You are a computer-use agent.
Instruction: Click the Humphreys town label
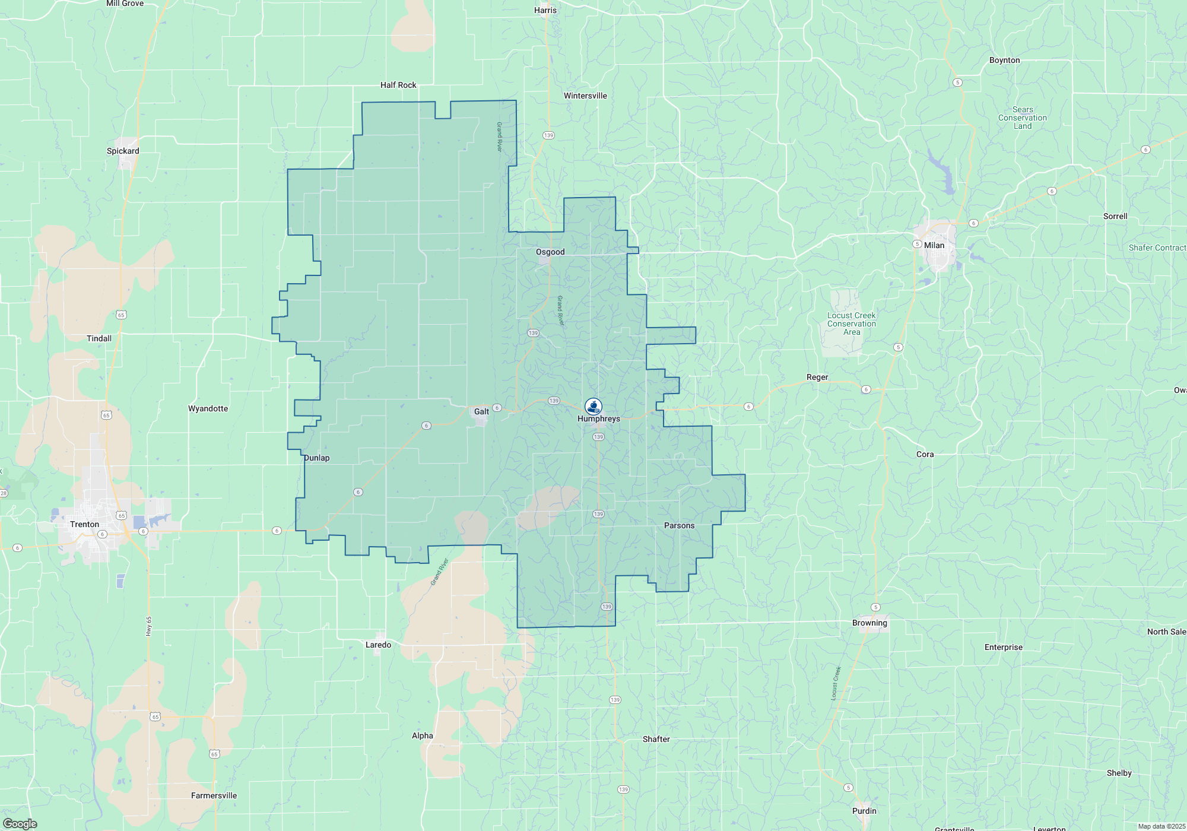[x=598, y=418]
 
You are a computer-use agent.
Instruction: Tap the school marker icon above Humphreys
[x=593, y=406]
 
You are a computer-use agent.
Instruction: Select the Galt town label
[x=481, y=411]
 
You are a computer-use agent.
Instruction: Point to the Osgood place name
[x=550, y=252]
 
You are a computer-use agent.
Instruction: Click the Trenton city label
[x=84, y=524]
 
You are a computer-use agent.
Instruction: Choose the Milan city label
[x=934, y=245]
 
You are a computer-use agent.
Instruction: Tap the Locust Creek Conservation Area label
[x=851, y=323]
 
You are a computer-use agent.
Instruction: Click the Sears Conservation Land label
[x=1022, y=118]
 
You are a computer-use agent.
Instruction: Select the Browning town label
[x=869, y=623]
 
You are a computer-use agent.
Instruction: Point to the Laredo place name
[x=378, y=645]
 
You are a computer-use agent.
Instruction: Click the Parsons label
[x=679, y=525]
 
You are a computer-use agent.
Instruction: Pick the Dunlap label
[x=317, y=458]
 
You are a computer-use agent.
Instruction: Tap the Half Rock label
[x=398, y=85]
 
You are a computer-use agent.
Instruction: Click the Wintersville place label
[x=585, y=96]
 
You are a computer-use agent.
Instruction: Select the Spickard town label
[x=123, y=151]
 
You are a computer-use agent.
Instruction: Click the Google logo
[x=20, y=824]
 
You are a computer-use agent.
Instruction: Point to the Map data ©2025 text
[x=1161, y=826]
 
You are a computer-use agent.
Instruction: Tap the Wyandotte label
[x=208, y=408]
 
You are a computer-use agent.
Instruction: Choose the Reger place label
[x=817, y=377]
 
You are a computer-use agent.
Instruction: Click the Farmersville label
[x=214, y=795]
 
